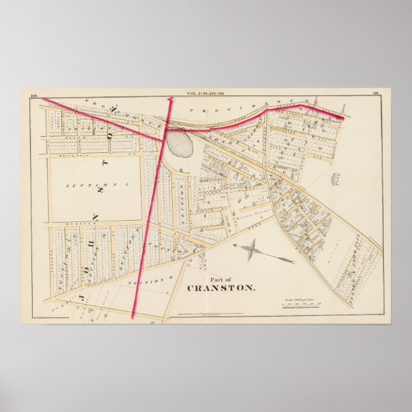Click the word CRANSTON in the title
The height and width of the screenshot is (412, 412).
click(220, 287)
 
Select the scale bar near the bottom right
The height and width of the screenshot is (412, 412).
click(306, 305)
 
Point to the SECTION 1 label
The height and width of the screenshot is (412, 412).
click(95, 184)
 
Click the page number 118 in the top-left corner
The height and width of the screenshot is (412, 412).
click(35, 95)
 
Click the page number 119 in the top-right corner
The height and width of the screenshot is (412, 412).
click(375, 95)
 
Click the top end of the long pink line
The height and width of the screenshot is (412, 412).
click(170, 99)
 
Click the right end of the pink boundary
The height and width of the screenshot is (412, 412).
click(344, 118)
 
